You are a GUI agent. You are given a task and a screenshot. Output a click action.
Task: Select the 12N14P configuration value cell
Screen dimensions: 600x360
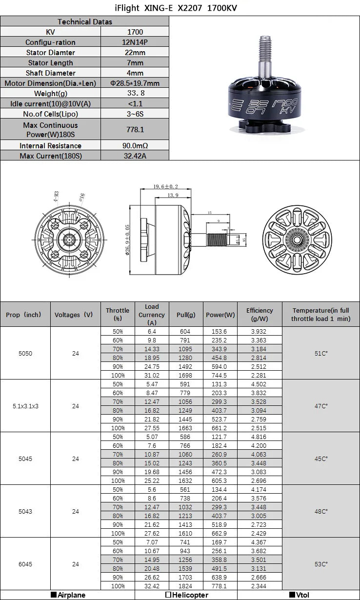point(135,42)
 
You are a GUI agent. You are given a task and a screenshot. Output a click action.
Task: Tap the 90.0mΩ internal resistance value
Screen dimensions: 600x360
point(135,145)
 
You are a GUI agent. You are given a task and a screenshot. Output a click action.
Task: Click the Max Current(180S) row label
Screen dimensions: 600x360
point(50,156)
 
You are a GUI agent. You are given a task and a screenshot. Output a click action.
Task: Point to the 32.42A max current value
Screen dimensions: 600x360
point(135,156)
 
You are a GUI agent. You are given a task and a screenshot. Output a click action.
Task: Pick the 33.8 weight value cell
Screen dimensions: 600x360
point(135,93)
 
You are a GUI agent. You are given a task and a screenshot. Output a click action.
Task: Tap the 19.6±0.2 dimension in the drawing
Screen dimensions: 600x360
point(165,187)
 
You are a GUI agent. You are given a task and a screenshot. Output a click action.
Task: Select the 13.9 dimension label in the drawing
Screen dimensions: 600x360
point(172,195)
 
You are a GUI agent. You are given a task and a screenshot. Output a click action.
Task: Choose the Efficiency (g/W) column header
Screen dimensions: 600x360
point(259,314)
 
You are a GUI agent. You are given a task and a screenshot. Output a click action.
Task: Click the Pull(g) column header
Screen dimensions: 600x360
point(185,315)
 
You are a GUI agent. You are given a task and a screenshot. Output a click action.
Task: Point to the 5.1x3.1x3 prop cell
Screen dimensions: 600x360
point(25,406)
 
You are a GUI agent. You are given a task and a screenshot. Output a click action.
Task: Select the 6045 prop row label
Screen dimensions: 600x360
point(25,564)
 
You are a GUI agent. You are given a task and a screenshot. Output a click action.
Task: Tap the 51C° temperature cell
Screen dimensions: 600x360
point(321,353)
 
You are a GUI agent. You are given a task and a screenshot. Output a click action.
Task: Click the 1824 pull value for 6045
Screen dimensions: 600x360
point(185,586)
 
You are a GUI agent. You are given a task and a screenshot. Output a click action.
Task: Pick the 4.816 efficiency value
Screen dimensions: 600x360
point(259,437)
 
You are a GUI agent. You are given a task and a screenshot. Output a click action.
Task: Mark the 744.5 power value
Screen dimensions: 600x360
point(220,375)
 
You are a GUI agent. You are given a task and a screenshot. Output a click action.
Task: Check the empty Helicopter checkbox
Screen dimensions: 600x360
point(168,595)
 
